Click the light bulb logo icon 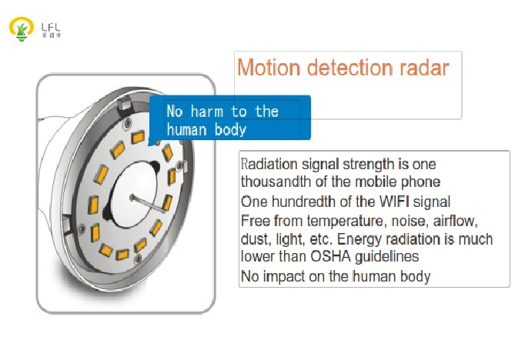pos(22,28)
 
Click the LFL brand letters pos(51,27)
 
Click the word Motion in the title pos(269,68)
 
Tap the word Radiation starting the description pos(269,165)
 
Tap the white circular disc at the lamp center pos(134,195)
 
